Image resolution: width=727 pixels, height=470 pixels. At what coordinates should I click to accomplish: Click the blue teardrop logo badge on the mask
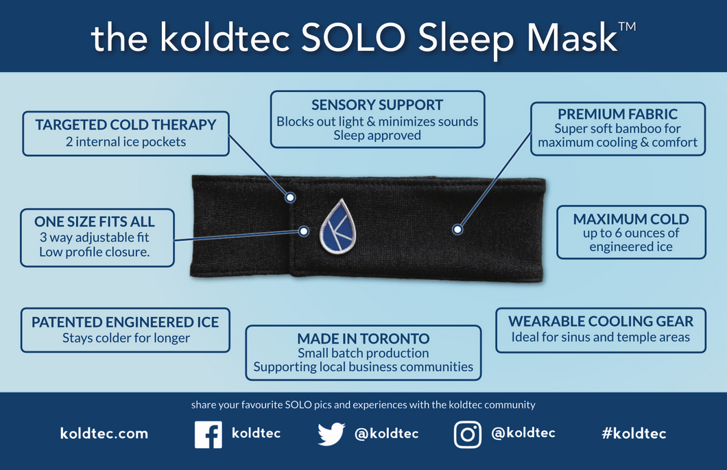coord(338,226)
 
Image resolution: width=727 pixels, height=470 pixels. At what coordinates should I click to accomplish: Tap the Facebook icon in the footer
coord(208,434)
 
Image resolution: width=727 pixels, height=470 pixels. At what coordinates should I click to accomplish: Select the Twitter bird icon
coord(331,434)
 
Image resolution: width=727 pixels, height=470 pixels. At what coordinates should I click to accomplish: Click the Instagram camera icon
coord(467,434)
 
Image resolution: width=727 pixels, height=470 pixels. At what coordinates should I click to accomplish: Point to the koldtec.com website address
coord(104,434)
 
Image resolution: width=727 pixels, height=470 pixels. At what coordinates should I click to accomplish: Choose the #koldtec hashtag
coord(634,434)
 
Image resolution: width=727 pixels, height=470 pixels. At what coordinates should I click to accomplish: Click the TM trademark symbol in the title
coord(627,26)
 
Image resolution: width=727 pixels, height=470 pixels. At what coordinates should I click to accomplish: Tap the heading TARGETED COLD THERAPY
coord(126,125)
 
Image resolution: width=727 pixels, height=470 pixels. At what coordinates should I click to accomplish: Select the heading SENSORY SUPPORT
coord(377,105)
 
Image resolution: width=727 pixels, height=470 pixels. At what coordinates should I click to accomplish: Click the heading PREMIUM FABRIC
coord(617,114)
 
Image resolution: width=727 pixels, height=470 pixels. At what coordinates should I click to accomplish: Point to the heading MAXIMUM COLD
coord(631,219)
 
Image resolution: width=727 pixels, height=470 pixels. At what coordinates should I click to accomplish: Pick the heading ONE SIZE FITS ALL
coord(95,222)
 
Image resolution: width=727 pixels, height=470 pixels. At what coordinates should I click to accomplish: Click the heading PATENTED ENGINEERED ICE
coord(126,322)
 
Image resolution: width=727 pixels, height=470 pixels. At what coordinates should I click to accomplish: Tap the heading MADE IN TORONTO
coord(363,339)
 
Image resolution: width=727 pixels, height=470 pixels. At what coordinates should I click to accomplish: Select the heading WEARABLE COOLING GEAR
coord(601,321)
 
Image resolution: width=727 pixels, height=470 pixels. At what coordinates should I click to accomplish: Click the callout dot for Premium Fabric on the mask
coord(457,229)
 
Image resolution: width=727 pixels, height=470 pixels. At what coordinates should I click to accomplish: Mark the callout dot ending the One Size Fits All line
coord(304,231)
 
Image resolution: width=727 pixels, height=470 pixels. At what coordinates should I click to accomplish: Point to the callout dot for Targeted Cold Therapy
coord(290,198)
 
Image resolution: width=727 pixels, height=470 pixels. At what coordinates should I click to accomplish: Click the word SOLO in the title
coord(354,37)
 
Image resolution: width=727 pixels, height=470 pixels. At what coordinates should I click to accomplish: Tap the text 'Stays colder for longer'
coord(126,338)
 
